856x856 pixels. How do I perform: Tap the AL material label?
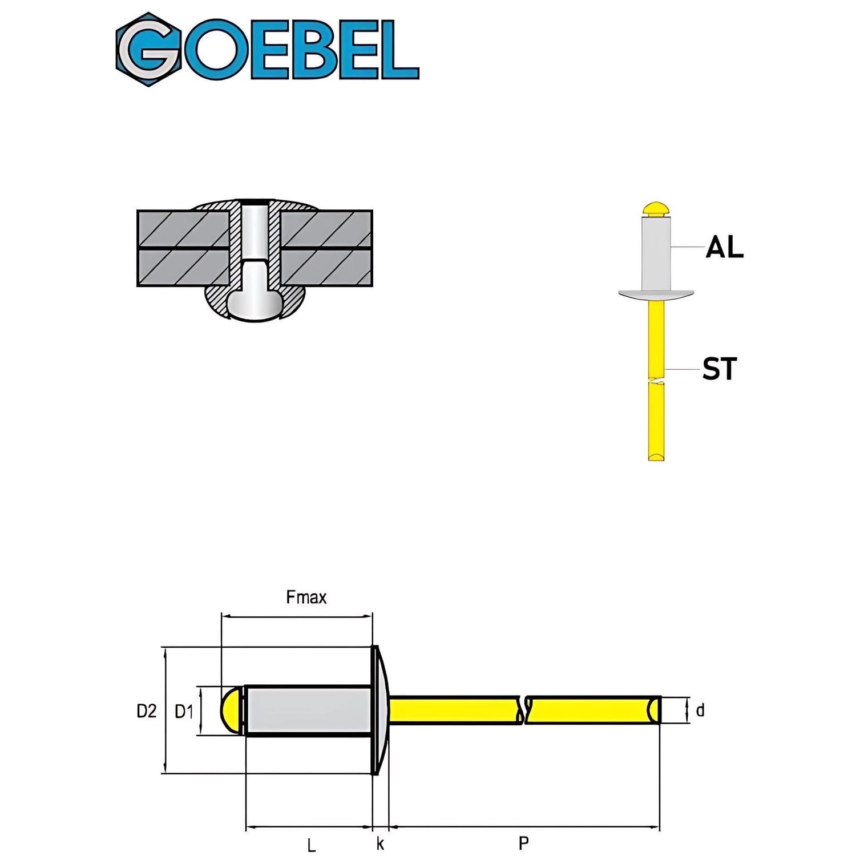724,248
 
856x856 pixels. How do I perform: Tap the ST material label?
719,369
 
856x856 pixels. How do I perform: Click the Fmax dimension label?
306,597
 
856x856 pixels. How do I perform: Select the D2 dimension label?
146,711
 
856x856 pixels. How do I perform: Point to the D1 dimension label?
184,712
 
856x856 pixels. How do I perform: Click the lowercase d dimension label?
700,710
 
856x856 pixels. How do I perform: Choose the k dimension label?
380,844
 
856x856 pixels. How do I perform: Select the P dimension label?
523,843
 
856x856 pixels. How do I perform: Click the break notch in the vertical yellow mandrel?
656,380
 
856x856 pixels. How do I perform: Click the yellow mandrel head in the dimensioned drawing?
232,710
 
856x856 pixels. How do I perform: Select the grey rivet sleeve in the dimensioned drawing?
308,710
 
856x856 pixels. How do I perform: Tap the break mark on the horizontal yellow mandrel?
523,710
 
